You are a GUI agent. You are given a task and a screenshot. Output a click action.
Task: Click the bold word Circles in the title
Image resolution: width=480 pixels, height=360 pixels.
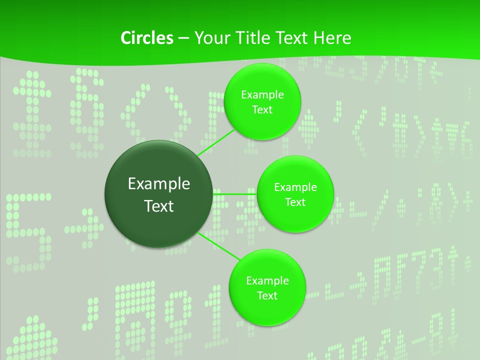point(146,38)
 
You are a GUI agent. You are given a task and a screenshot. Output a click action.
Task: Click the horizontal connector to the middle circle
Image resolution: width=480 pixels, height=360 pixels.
point(235,193)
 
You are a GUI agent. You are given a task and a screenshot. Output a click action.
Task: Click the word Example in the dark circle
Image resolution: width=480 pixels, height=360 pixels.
point(159,184)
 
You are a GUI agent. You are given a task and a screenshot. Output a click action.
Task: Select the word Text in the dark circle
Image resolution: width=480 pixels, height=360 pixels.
point(159,206)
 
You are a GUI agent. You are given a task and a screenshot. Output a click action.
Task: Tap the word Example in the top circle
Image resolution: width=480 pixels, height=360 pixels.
point(262,94)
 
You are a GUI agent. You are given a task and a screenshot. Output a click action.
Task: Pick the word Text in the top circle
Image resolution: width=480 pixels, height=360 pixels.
point(262,109)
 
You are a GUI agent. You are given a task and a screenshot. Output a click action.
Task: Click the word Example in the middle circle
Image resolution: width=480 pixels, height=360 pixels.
point(295,187)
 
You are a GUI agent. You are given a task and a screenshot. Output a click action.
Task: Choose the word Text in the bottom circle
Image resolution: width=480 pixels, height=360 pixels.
point(267,295)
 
